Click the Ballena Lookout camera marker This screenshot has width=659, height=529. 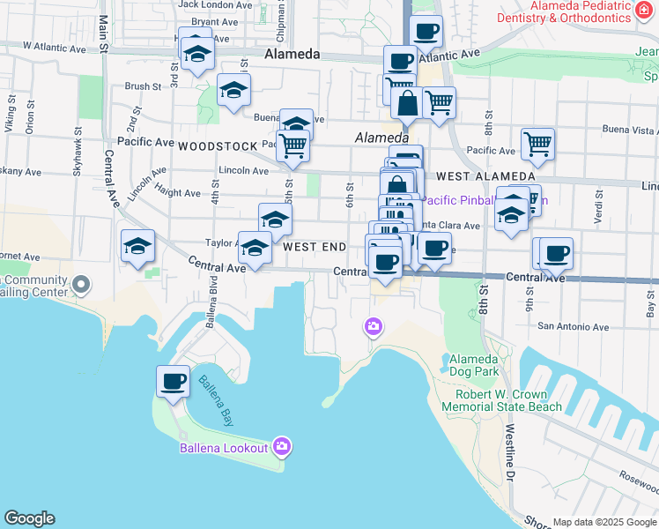[x=282, y=445]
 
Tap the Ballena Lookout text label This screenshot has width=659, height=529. [x=224, y=448]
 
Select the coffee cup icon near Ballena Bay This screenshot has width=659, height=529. [x=174, y=383]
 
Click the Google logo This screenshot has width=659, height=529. [x=29, y=518]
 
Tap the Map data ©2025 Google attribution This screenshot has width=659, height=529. [x=603, y=522]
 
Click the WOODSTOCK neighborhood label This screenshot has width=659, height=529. [x=217, y=145]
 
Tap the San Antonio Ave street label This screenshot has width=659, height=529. [x=574, y=327]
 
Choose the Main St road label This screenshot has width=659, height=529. [x=104, y=35]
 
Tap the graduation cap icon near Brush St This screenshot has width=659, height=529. [x=234, y=90]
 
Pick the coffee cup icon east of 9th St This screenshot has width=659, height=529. [x=556, y=254]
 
